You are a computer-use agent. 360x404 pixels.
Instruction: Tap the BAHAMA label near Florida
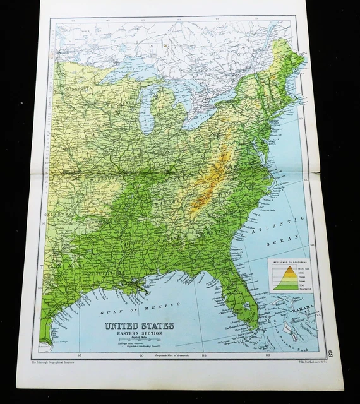304,307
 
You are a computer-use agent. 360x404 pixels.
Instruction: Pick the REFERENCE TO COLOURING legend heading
288,260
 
